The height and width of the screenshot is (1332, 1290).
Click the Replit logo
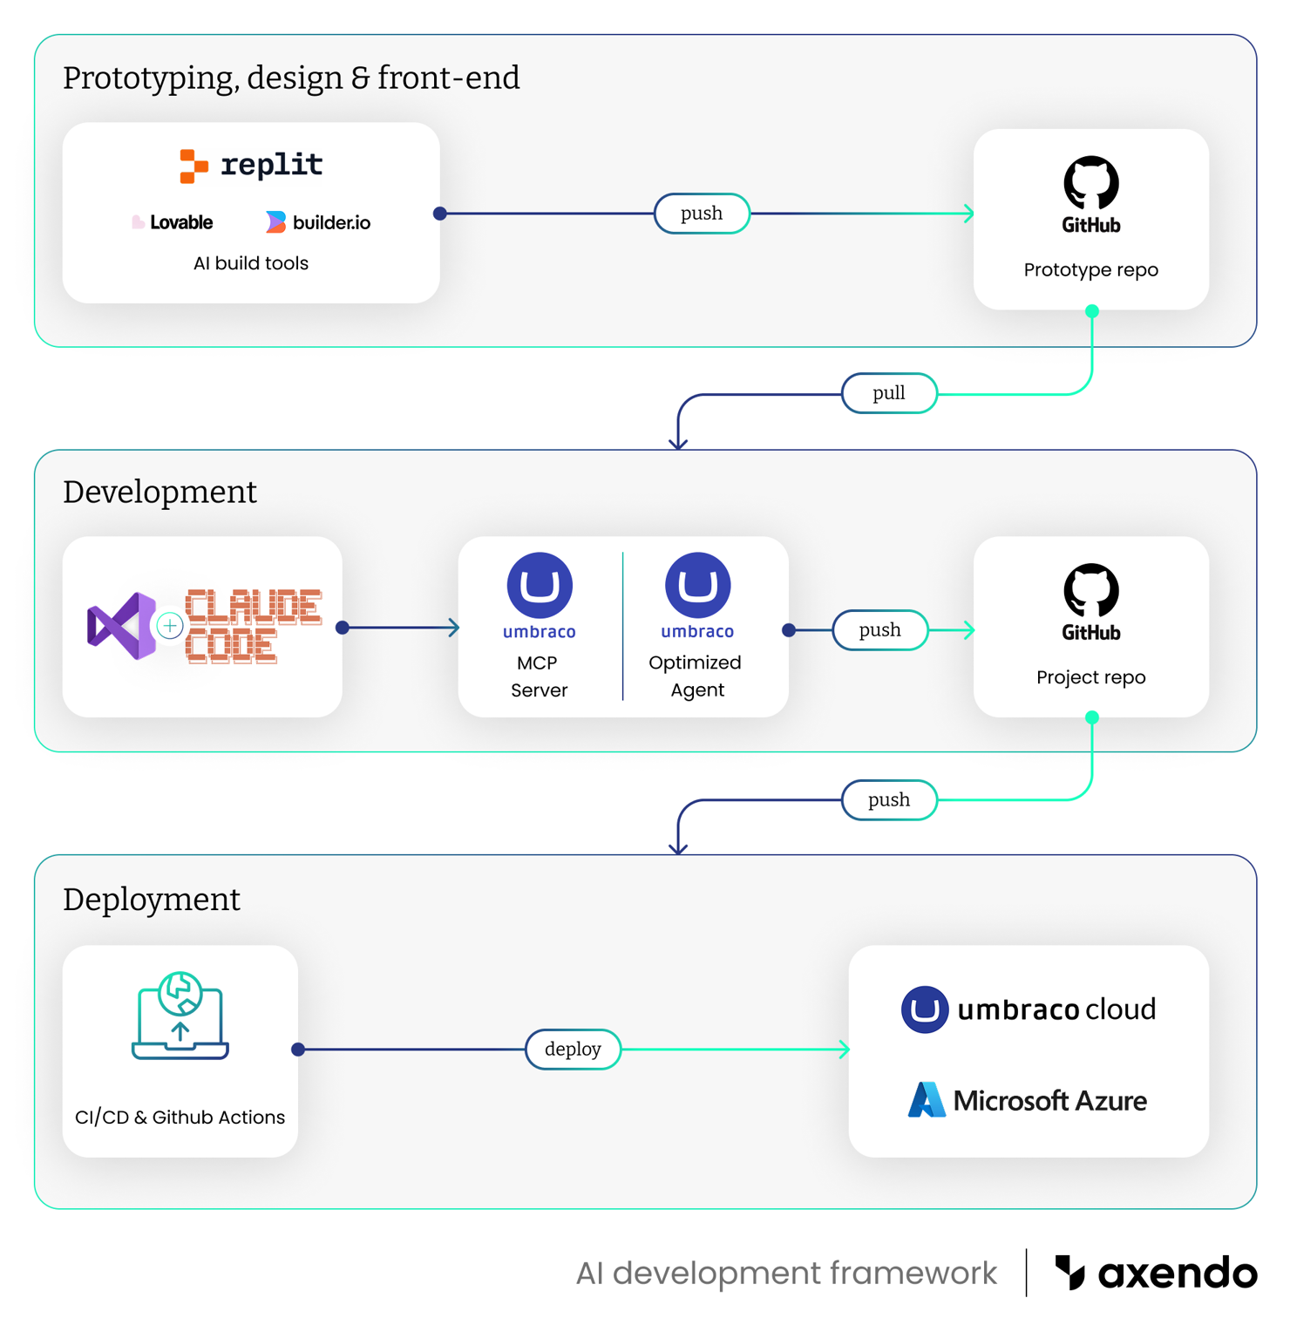(251, 165)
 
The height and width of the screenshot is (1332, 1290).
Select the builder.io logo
(318, 223)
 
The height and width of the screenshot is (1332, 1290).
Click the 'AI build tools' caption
(251, 263)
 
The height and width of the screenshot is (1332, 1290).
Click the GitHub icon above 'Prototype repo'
(1090, 194)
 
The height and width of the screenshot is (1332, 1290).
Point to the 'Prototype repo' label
(1090, 270)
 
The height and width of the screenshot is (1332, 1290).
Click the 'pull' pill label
(889, 393)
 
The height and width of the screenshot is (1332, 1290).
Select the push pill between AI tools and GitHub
(702, 214)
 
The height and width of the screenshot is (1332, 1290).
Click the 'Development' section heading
(160, 493)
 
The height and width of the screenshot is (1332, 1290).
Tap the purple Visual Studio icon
(121, 626)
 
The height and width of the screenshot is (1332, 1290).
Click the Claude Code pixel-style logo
(253, 626)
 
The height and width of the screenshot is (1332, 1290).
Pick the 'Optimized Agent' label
(696, 676)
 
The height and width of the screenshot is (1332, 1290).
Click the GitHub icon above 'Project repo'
(1090, 601)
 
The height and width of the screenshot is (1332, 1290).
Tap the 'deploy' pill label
(573, 1050)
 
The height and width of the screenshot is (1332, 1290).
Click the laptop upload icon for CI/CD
(180, 1016)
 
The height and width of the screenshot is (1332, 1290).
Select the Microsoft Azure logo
(1028, 1100)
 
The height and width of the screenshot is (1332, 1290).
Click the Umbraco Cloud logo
(1028, 1009)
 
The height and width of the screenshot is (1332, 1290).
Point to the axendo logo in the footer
(1156, 1274)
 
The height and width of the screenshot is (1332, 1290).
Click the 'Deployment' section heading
(152, 900)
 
